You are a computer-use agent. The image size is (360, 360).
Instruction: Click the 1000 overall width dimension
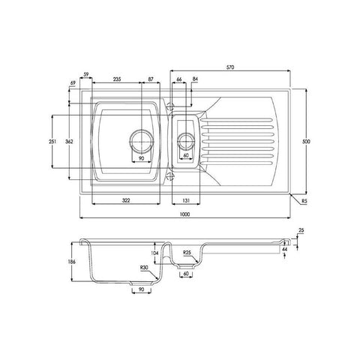point(184,214)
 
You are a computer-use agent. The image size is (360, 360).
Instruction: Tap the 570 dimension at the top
point(230,67)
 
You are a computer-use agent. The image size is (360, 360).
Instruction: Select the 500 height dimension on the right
point(306,142)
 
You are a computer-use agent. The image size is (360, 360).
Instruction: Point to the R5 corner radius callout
point(304,200)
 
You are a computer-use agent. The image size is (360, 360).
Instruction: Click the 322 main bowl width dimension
point(126,200)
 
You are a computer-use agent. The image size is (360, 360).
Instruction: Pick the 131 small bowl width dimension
point(186,200)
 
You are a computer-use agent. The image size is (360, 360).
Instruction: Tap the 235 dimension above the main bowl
point(117,79)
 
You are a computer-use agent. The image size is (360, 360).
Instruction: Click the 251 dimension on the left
point(52,142)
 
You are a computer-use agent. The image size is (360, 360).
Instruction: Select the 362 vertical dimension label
point(69,142)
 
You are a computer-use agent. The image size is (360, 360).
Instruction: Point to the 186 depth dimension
point(71,262)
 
